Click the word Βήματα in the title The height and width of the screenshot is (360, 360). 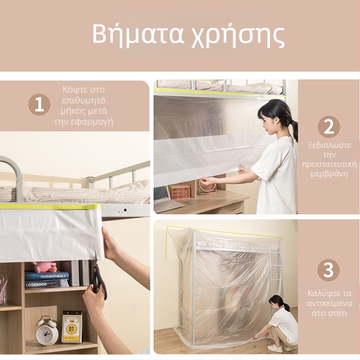tap(138, 35)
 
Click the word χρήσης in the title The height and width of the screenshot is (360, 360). tap(238, 37)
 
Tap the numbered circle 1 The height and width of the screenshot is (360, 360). tap(39, 104)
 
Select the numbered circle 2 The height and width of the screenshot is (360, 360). tap(328, 127)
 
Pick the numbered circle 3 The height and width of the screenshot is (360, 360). tap(328, 270)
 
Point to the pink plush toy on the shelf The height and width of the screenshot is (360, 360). tap(44, 267)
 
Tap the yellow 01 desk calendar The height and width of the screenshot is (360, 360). tap(72, 327)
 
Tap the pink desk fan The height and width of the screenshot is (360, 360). tap(207, 186)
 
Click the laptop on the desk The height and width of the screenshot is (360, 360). tap(166, 199)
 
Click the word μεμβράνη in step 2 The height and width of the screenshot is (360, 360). tap(329, 174)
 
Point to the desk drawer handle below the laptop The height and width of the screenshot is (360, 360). tap(232, 208)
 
